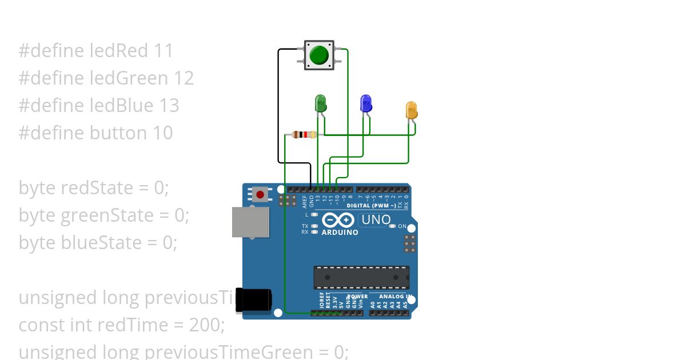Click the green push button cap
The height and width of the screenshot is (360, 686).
tap(319, 55)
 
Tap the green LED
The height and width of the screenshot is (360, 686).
tap(321, 104)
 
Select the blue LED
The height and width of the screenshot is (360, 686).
tap(366, 103)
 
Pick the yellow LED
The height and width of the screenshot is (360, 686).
tap(411, 110)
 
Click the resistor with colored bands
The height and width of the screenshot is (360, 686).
tap(304, 135)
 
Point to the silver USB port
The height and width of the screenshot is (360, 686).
tap(250, 222)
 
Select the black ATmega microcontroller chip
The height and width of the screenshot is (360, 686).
tap(361, 277)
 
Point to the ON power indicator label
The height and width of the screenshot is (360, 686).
tap(402, 226)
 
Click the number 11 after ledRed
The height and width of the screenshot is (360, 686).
tap(163, 51)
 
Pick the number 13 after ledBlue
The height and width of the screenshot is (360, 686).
tap(169, 106)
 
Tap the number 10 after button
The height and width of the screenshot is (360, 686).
tap(162, 133)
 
